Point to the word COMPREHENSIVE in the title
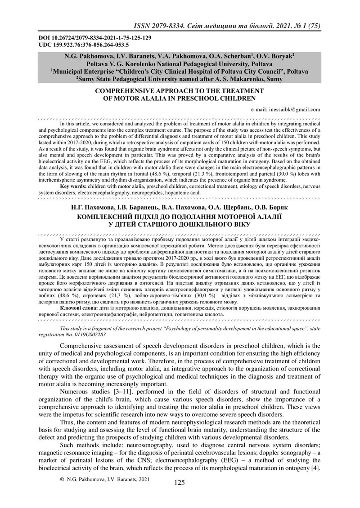126,91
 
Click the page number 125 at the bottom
180,482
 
